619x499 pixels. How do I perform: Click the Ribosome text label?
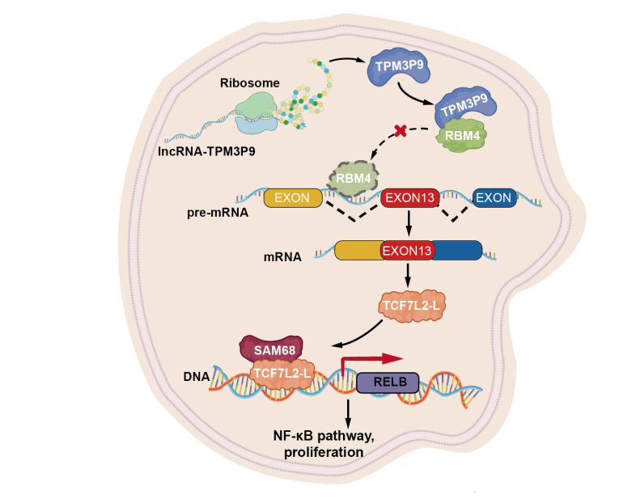250,82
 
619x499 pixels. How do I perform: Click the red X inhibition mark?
398,130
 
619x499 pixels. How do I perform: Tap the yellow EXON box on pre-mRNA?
292,197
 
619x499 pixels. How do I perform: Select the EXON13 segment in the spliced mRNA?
408,251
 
